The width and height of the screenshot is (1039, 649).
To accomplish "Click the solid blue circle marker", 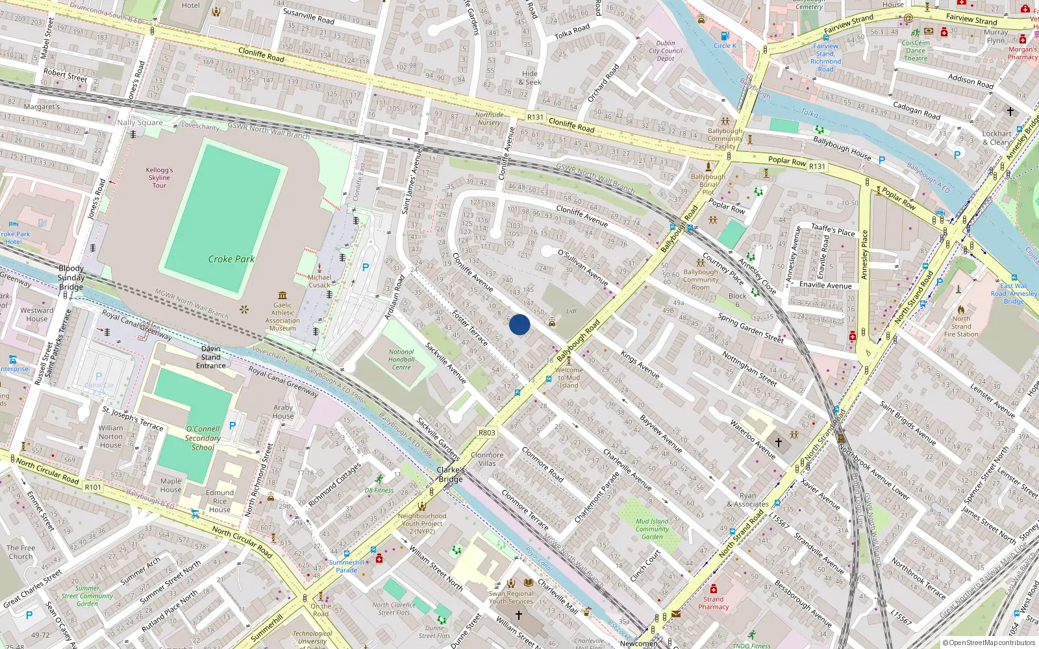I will pos(519,324).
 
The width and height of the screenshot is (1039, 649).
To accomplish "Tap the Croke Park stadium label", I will pos(231,259).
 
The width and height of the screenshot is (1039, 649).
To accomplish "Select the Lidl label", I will pos(571,311).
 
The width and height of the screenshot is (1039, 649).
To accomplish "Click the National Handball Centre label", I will pos(401,360).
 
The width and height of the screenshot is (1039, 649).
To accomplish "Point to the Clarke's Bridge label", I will pos(451,474).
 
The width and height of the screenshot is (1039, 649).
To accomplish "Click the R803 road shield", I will pos(486,433).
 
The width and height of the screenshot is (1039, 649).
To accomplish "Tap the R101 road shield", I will pos(93,487).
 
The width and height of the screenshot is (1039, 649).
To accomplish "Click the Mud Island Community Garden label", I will pos(652,529).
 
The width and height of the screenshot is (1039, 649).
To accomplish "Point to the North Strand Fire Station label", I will pos(961,326).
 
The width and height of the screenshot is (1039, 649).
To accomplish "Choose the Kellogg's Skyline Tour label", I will pos(159,177).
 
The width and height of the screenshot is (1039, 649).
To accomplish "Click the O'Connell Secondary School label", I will pos(203,438).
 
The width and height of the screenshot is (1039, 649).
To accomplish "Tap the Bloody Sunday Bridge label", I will pos(71,278).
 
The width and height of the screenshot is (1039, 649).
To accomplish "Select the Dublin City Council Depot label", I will pos(666,51).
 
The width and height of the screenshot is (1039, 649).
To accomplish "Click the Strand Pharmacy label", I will pos(713,603).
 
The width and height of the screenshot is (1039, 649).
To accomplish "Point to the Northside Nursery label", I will pos(489,118).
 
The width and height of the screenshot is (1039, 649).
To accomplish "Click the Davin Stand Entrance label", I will pos(211,357).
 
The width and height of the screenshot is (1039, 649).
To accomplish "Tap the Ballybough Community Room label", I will pos(701,280).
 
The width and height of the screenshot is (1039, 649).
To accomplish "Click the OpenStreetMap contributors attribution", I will pos(988,643).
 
